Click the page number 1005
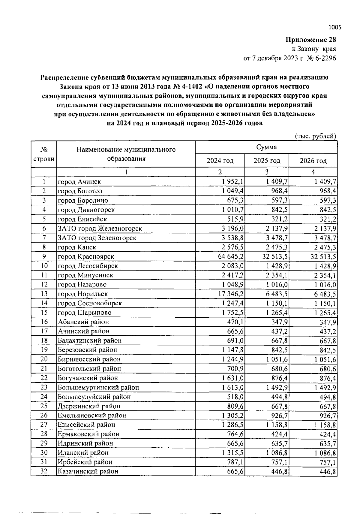point(335,27)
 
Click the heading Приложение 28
point(310,40)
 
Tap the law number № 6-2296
point(321,58)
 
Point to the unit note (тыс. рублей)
point(315,136)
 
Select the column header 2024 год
point(220,161)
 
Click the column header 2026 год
point(313,161)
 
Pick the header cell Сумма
point(266,147)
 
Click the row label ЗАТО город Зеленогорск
point(97,238)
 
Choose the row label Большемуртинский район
point(98,387)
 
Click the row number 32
point(44,471)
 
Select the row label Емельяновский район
point(92,415)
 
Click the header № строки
point(44,154)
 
